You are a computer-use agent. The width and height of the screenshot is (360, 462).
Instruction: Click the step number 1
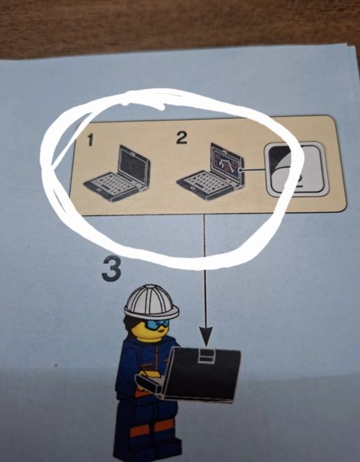[90, 140]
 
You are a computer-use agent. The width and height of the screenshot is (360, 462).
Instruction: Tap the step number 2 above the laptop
[181, 138]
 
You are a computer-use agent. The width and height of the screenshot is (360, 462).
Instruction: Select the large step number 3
[112, 268]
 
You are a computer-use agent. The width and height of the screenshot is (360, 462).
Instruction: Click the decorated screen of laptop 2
[226, 163]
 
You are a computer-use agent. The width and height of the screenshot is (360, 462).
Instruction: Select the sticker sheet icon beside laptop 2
[296, 169]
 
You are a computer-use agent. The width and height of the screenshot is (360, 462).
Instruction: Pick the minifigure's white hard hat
[151, 303]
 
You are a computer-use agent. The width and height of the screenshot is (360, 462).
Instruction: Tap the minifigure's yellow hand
[149, 374]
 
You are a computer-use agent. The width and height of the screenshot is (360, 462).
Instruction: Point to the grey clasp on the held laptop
[206, 356]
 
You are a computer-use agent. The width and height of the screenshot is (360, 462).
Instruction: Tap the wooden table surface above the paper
[177, 23]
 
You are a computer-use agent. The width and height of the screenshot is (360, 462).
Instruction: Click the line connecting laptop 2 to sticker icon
[253, 169]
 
